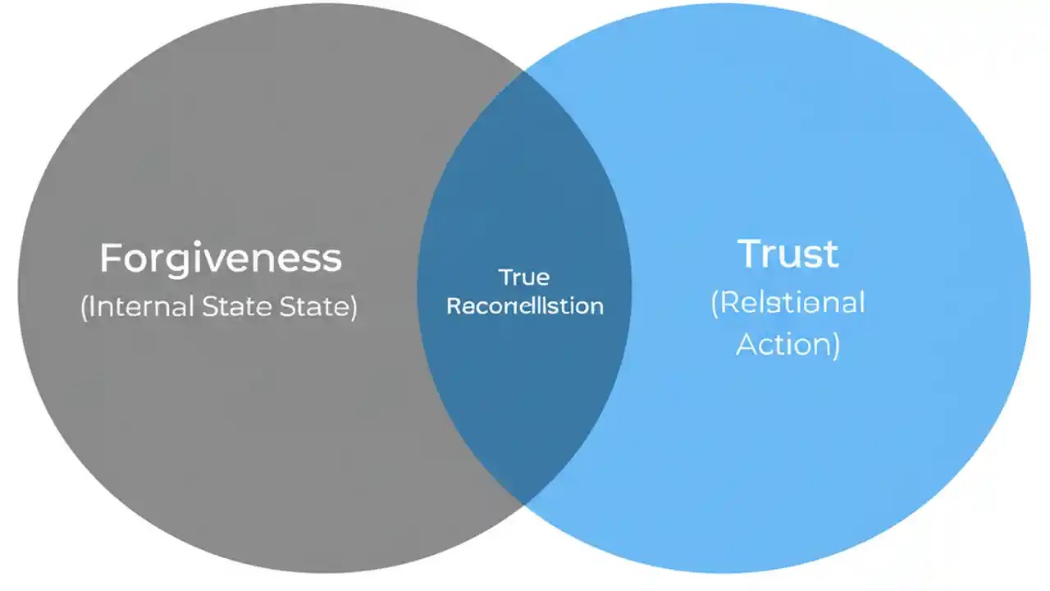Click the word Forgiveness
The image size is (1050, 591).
pyautogui.click(x=220, y=259)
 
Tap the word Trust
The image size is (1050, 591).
pyautogui.click(x=787, y=254)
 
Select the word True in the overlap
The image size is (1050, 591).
pyautogui.click(x=524, y=277)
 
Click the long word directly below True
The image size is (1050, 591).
pyautogui.click(x=524, y=307)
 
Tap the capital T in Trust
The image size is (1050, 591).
pyautogui.click(x=750, y=254)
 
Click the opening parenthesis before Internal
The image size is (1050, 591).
pyautogui.click(x=84, y=308)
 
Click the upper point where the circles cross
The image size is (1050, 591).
pyautogui.click(x=524, y=71)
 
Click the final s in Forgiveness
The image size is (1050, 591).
pyautogui.click(x=332, y=259)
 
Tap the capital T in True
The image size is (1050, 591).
pyautogui.click(x=503, y=277)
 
